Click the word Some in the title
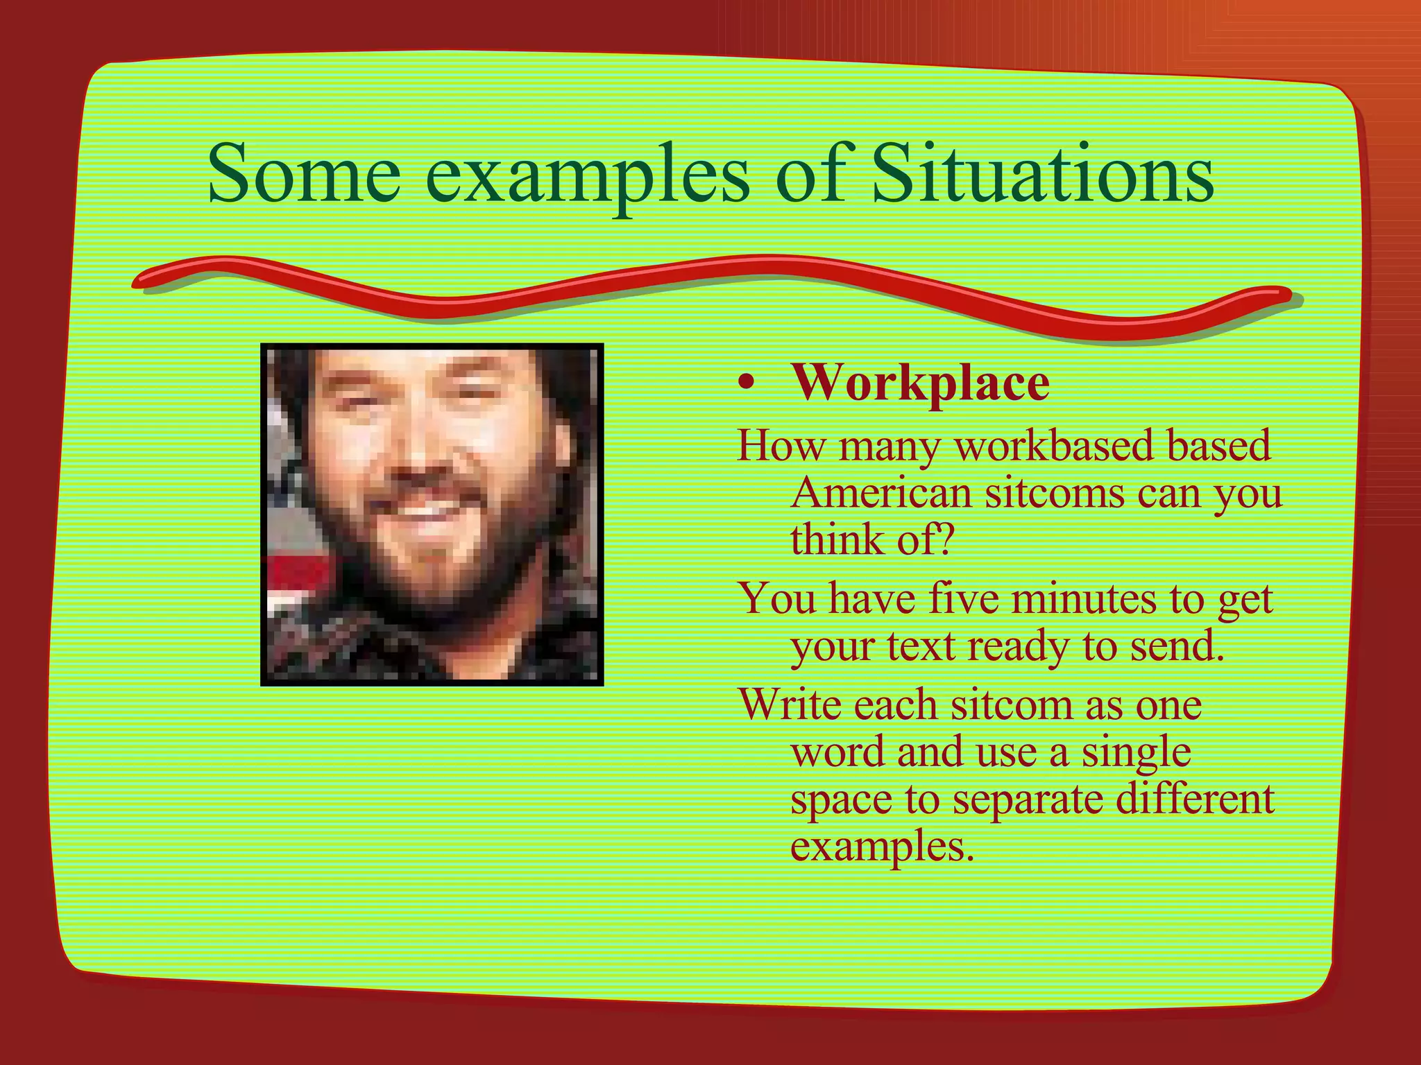(304, 173)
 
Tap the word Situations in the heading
(1041, 173)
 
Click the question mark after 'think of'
(945, 540)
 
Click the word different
(1195, 798)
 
